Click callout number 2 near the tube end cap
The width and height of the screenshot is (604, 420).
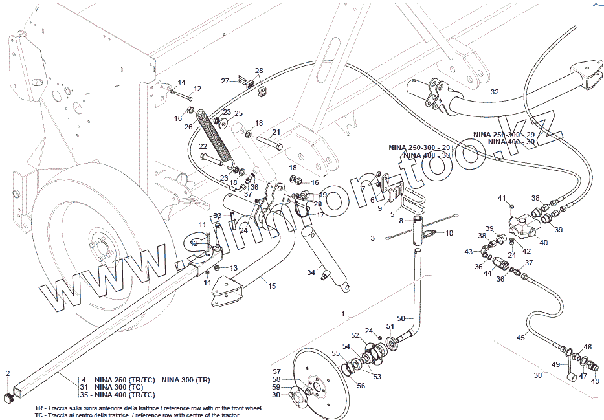(8, 373)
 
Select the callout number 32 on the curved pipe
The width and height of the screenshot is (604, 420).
(495, 92)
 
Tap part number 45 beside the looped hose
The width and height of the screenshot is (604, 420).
(520, 337)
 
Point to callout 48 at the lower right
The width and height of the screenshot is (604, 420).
(595, 381)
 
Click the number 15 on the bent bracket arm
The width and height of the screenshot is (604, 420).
(272, 285)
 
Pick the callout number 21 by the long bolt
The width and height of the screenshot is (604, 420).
(276, 132)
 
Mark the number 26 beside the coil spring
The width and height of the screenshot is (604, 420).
(188, 127)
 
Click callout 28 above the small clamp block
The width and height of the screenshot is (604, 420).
(259, 71)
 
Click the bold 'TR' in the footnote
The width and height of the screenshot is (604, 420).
(39, 410)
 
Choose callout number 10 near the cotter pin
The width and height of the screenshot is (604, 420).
(449, 232)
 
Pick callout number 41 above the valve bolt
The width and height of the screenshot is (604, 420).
(502, 197)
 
